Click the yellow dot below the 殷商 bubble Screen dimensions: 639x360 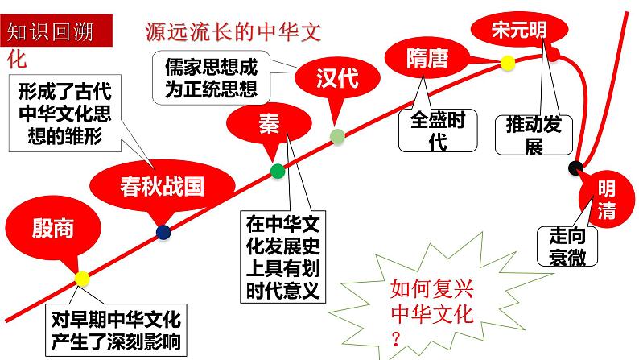click(x=82, y=278)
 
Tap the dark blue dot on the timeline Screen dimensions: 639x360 click(x=163, y=232)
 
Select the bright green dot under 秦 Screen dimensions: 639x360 click(x=278, y=170)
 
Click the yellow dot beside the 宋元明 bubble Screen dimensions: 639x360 click(x=507, y=61)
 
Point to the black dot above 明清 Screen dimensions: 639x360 click(x=575, y=168)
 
